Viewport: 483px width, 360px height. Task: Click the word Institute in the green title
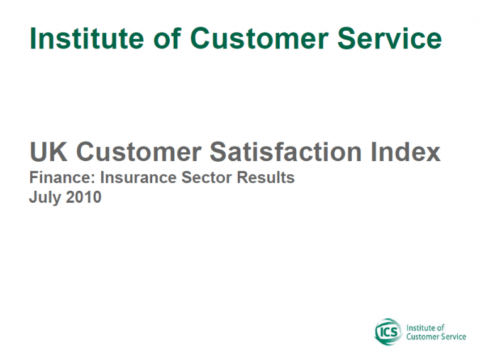pyautogui.click(x=87, y=38)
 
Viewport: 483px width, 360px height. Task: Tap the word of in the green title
pyautogui.click(x=167, y=38)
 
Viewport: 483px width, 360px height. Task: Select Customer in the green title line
pyautogui.click(x=259, y=38)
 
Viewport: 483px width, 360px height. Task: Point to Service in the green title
pyautogui.click(x=390, y=38)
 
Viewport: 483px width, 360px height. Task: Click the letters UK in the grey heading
pyautogui.click(x=48, y=152)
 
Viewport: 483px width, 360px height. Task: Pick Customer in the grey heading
pyautogui.click(x=138, y=152)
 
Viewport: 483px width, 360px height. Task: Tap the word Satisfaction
pyautogui.click(x=286, y=152)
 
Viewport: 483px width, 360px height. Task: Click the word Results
pyautogui.click(x=265, y=177)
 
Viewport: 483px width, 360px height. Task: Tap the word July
pyautogui.click(x=45, y=198)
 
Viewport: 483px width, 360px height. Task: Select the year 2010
pyautogui.click(x=84, y=197)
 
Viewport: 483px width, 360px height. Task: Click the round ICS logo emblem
pyautogui.click(x=389, y=332)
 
